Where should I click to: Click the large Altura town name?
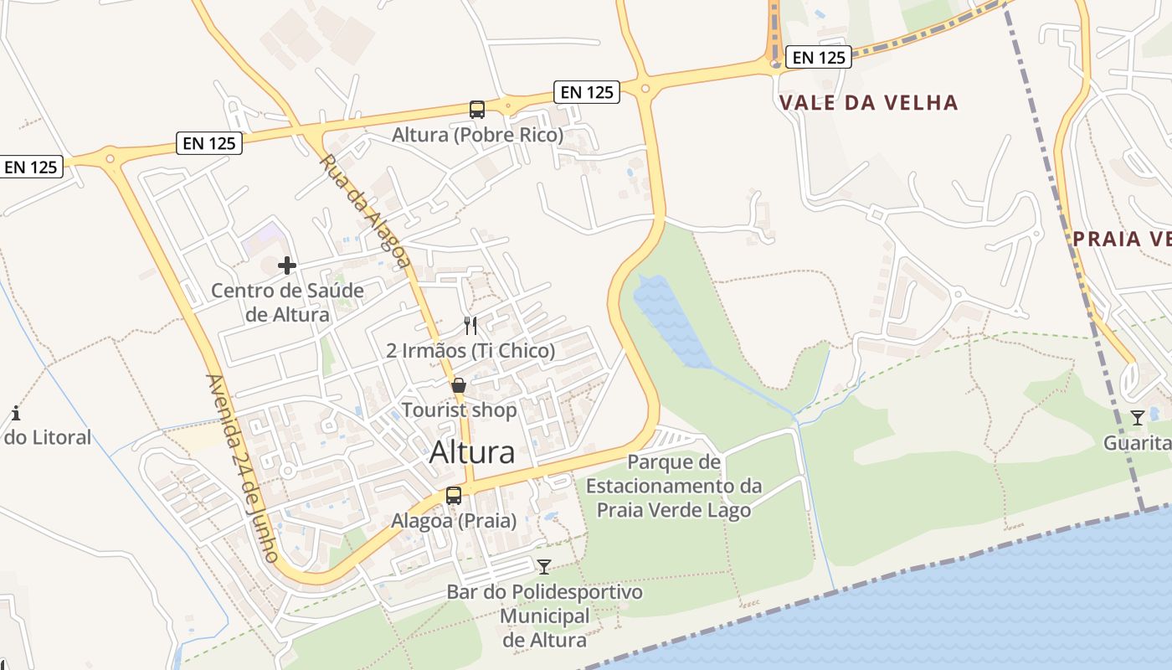point(472,452)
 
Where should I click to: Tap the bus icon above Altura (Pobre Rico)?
point(477,109)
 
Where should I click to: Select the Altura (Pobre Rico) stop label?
point(477,134)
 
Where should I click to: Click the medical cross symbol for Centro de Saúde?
point(287,265)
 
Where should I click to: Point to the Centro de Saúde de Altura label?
point(287,302)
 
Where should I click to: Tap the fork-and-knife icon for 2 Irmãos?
point(470,325)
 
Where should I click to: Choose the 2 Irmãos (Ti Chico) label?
point(470,350)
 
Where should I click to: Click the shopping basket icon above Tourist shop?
point(459,385)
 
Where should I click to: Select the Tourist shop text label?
point(459,410)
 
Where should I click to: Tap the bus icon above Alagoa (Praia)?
point(454,495)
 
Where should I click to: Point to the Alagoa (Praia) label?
point(454,520)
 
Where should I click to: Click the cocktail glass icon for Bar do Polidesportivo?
point(544,567)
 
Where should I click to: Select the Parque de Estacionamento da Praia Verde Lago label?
point(674,486)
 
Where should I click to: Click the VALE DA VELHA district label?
point(868,103)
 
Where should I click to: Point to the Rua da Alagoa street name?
point(366,211)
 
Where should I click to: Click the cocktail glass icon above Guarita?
point(1137,418)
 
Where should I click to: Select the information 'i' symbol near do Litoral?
point(16,413)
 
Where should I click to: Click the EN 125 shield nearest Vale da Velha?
point(820,57)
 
